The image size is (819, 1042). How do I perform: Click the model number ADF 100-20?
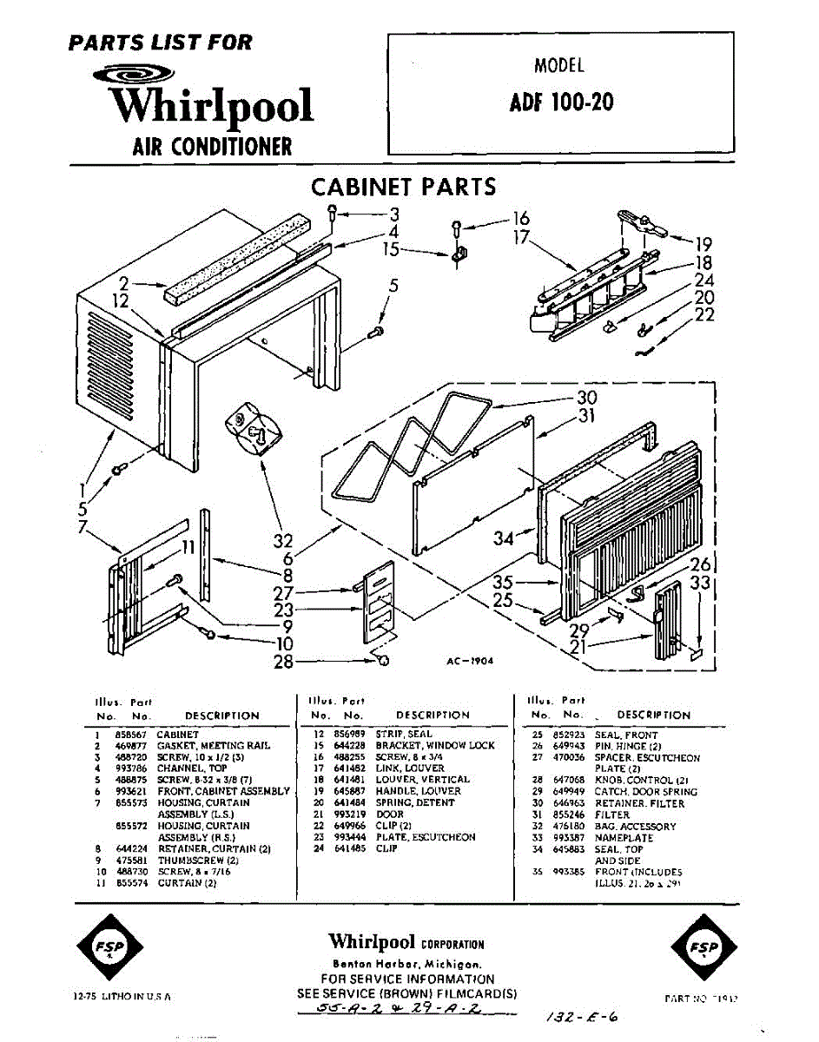click(561, 102)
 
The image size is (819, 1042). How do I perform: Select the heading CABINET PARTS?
click(403, 187)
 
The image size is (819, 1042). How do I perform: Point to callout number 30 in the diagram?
click(586, 398)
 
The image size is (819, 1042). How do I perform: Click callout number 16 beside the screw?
click(520, 218)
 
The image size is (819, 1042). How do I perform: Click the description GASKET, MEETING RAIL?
click(213, 746)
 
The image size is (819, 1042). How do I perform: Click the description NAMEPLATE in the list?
click(624, 838)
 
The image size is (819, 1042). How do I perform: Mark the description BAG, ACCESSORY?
click(635, 827)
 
